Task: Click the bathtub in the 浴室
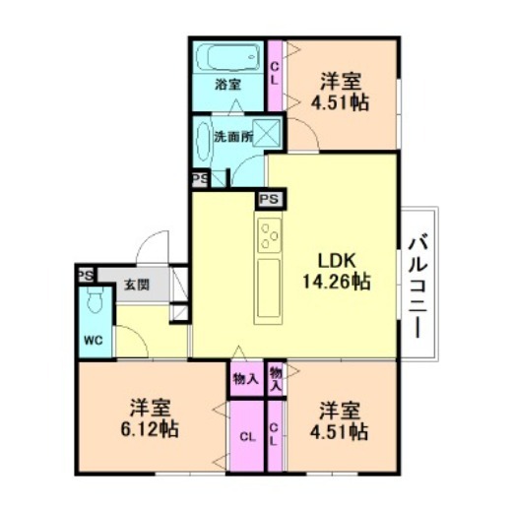[x=228, y=57]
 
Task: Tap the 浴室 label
[x=228, y=85]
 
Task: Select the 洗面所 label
[x=233, y=137]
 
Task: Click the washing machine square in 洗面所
[x=266, y=132]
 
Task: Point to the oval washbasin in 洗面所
[x=203, y=142]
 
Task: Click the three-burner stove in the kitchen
[x=270, y=235]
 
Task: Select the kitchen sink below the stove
[x=269, y=288]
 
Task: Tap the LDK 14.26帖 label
[x=337, y=272]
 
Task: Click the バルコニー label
[x=417, y=285]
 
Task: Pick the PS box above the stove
[x=269, y=199]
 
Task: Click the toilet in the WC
[x=96, y=299]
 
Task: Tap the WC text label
[x=94, y=341]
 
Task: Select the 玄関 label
[x=137, y=285]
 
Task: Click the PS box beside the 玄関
[x=86, y=275]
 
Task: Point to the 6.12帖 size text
[x=150, y=429]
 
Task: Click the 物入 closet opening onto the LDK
[x=246, y=379]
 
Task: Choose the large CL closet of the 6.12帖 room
[x=247, y=437]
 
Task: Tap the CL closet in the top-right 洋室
[x=275, y=75]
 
